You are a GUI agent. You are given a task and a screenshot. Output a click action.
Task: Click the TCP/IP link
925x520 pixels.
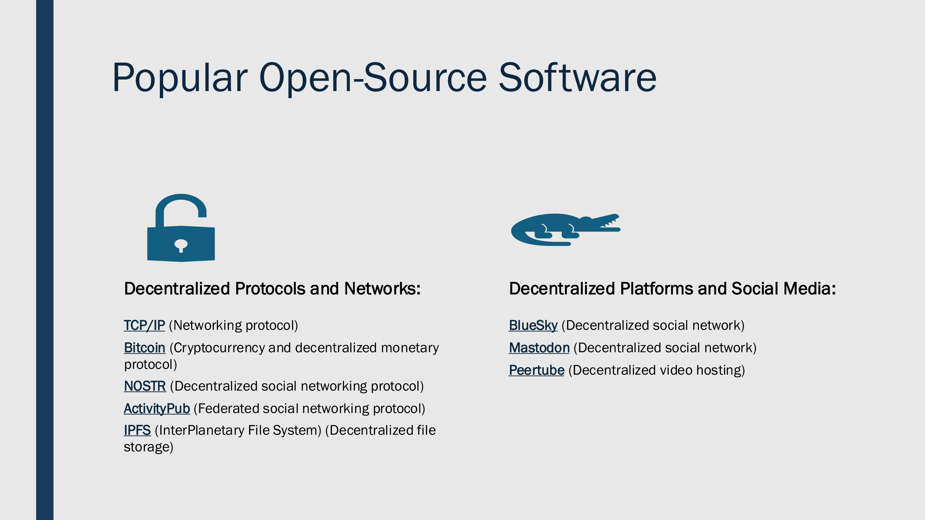pos(144,325)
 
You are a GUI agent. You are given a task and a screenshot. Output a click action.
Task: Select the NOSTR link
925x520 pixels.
pos(145,386)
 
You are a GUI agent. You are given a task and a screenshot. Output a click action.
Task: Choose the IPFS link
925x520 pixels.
pos(137,430)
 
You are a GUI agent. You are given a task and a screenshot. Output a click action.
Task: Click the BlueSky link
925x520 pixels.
pos(533,325)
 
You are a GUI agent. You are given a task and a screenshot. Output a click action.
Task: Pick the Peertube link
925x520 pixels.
pos(536,370)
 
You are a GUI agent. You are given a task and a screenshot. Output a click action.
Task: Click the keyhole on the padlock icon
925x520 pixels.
pos(181,245)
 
